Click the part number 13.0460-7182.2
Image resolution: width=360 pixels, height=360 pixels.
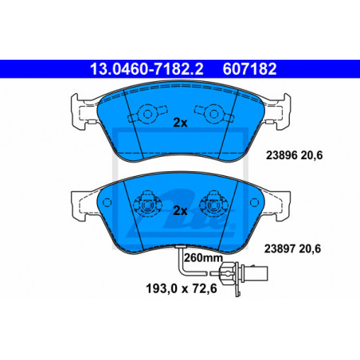click(x=147, y=69)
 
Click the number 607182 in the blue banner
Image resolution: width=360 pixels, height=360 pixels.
click(x=249, y=69)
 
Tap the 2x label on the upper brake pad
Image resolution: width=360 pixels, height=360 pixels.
click(x=180, y=123)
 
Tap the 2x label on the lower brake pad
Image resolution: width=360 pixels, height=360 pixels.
click(x=180, y=211)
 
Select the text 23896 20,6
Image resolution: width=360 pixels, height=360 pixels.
click(x=294, y=155)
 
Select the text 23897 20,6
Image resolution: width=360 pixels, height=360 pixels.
click(x=292, y=248)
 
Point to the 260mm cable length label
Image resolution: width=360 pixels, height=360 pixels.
click(x=203, y=257)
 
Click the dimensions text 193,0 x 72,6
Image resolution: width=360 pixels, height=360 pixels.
click(x=182, y=288)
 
